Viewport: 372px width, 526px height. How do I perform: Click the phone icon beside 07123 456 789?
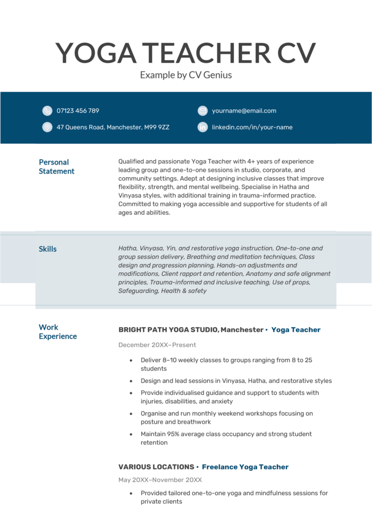(47, 110)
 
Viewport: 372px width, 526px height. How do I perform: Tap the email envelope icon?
(202, 110)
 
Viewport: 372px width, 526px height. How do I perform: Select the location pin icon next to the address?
(47, 127)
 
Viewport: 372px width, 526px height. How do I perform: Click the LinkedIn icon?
(202, 127)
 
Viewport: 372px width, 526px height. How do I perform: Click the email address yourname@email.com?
(244, 110)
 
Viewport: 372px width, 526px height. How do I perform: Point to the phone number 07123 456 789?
(78, 110)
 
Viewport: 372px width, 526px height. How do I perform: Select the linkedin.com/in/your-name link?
(252, 127)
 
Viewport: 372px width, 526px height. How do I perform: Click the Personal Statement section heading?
(57, 166)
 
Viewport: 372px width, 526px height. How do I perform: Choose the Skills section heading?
(48, 249)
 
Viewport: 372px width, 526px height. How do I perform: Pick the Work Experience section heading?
(58, 332)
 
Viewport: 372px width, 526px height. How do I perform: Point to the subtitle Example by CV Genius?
(186, 75)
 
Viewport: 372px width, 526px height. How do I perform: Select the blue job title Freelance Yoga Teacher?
(245, 467)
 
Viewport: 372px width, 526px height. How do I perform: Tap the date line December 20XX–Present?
(157, 345)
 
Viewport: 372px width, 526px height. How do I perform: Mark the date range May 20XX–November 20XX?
(160, 480)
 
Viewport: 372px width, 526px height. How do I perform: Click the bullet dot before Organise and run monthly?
(132, 414)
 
